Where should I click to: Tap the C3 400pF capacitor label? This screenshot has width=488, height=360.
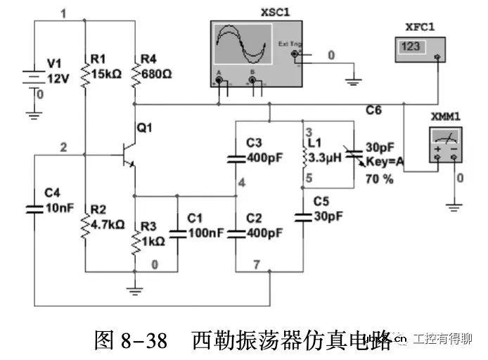pos(264,150)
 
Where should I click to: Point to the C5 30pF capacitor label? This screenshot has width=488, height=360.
pos(328,210)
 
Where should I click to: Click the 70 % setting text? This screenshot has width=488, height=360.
pos(378,179)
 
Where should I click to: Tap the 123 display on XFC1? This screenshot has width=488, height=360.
pos(411,46)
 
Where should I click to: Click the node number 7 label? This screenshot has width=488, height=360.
pos(257,264)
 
